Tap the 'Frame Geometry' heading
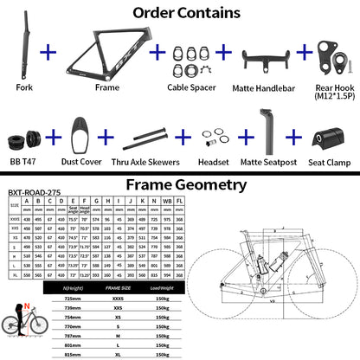[x=180, y=184]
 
